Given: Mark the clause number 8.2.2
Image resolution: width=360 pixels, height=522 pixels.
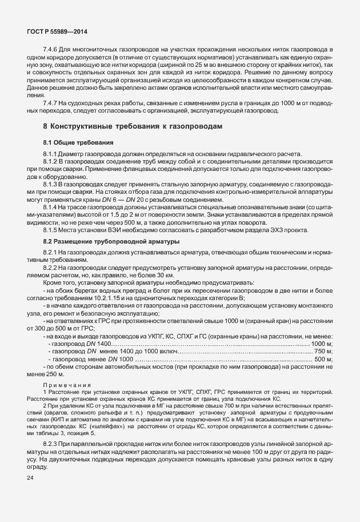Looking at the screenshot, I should [x=52, y=268].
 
